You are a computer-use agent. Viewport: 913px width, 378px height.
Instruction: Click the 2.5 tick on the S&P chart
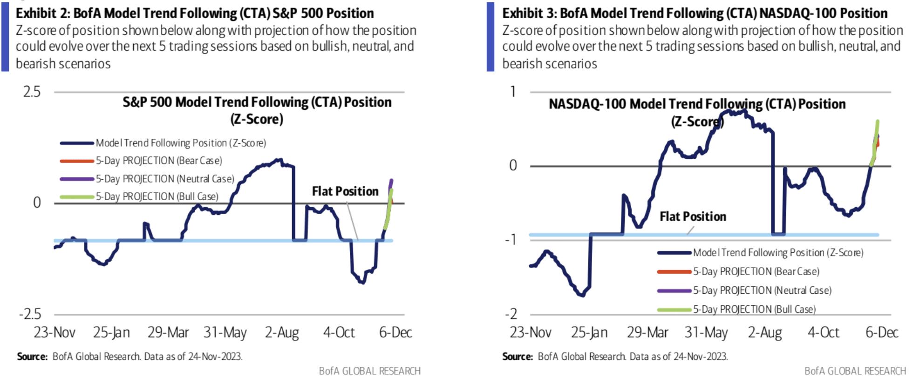tap(32, 92)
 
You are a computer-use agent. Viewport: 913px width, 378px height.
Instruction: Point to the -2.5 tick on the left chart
tap(30, 314)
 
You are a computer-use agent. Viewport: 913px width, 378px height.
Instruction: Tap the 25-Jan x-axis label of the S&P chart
tap(111, 332)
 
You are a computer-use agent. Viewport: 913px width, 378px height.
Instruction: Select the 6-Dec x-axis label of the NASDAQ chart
tap(881, 332)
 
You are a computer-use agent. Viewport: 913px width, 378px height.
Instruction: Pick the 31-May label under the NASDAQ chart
tap(706, 332)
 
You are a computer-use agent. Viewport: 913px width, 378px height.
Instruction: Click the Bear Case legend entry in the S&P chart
tap(158, 161)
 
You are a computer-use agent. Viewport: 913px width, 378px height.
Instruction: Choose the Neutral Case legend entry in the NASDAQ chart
tap(762, 290)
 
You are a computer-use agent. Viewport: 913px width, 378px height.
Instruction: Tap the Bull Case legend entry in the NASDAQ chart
tap(754, 309)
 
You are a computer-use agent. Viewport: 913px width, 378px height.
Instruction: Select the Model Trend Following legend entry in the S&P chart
tap(180, 143)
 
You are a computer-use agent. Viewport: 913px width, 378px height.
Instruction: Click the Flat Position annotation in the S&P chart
tap(345, 191)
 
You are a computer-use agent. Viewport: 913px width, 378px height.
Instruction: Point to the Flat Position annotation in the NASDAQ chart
tap(693, 216)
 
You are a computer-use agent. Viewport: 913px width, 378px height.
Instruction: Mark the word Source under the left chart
tap(32, 357)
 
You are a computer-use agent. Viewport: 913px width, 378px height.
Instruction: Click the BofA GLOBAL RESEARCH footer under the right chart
tap(855, 371)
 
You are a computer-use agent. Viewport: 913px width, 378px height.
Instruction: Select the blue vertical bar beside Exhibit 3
tap(490, 37)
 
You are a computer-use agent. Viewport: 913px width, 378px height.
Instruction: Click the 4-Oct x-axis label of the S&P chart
tap(339, 332)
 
